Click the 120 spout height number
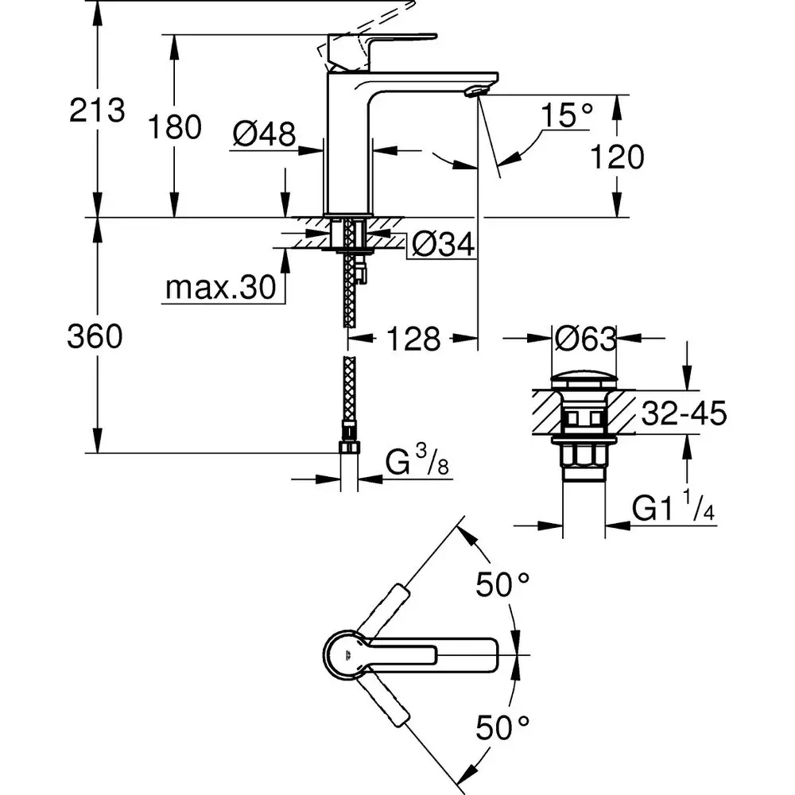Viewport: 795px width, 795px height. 617,157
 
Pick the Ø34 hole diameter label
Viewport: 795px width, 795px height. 443,246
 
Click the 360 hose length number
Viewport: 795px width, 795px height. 95,337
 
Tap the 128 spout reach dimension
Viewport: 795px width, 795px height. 413,339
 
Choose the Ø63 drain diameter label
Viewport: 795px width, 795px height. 586,339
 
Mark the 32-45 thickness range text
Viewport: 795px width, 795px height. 681,414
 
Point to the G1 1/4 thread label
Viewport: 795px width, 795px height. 673,507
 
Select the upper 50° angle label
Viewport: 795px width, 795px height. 502,587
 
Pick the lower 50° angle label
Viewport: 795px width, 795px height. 502,725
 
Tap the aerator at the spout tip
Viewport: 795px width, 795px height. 475,91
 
